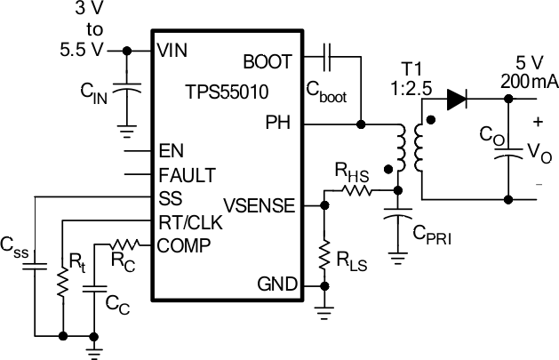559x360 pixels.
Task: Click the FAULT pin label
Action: click(187, 173)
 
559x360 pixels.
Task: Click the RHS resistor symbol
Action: click(355, 190)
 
